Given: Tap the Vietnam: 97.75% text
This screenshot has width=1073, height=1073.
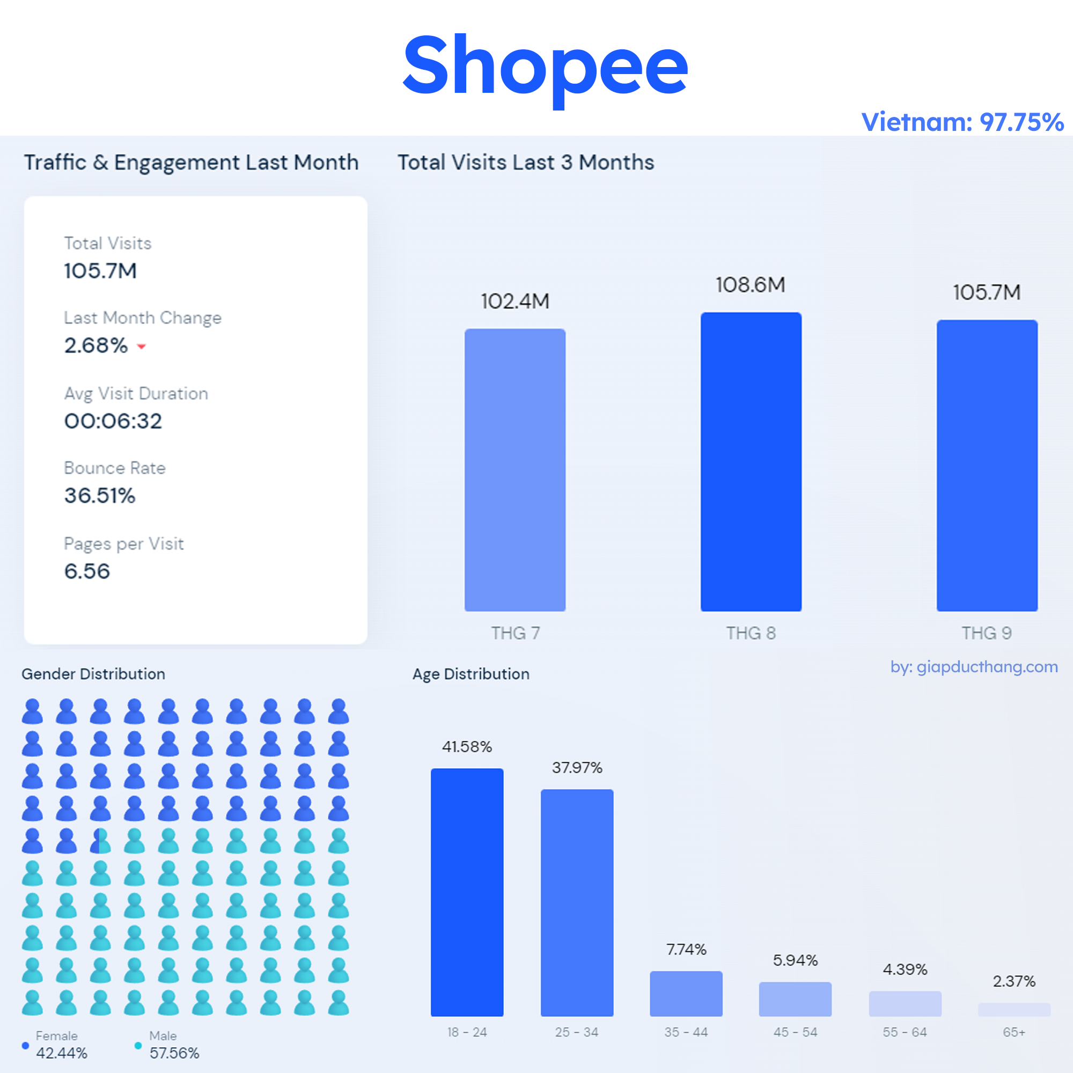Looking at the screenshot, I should point(962,122).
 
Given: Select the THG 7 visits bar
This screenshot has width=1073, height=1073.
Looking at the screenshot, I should point(515,470).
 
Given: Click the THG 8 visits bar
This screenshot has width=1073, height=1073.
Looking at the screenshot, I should point(751,461).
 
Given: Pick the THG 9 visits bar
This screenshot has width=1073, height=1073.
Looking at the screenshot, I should point(987,465).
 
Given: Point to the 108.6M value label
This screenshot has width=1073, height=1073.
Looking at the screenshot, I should point(751,285).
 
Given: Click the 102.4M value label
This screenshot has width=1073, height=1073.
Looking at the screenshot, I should point(515,302).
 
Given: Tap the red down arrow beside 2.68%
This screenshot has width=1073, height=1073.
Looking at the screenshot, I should point(142,347).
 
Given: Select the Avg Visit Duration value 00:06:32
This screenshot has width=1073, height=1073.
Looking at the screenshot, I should point(113,421).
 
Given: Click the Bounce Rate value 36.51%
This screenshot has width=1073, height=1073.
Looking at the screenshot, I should point(100,495).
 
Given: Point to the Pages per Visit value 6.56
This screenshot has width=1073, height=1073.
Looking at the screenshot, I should point(87,571).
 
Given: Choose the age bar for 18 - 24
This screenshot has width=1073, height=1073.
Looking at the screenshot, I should point(467,892).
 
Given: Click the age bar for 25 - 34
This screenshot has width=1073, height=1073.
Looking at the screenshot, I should point(577,902).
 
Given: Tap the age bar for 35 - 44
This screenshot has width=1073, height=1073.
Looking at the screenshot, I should point(686,994).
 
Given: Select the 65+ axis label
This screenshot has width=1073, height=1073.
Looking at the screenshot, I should point(1013,1032).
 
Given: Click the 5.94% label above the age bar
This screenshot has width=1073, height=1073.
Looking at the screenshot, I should point(795,960).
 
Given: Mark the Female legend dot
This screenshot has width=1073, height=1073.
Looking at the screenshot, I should point(25,1046).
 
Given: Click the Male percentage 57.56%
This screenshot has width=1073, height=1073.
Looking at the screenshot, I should point(174,1053).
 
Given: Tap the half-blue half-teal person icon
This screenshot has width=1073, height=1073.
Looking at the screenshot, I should point(100,841).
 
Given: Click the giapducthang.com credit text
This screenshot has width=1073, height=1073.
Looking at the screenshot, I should point(974,667).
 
